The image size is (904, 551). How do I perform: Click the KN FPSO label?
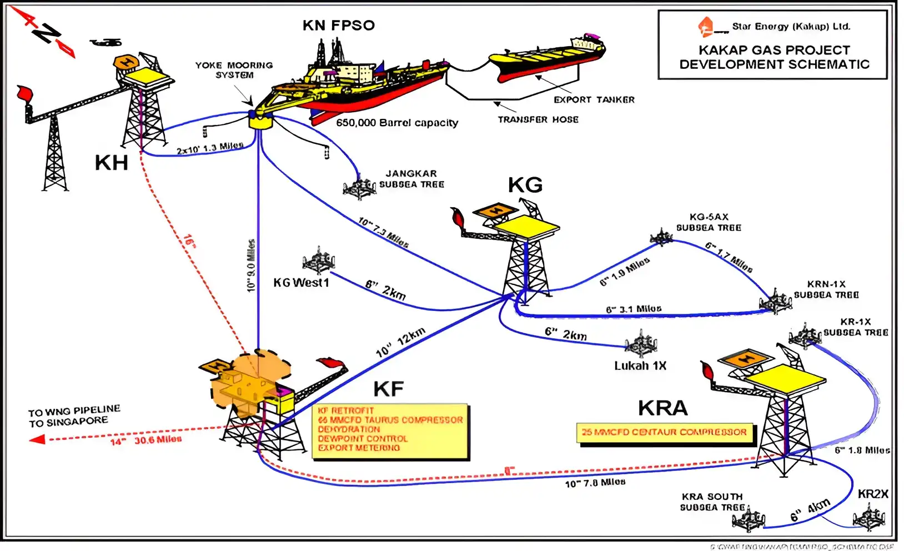338,25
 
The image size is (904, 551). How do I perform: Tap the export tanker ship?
547,57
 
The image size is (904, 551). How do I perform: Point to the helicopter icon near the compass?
106,42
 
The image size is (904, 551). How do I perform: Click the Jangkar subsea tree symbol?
359,188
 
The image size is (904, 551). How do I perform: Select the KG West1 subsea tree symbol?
319,261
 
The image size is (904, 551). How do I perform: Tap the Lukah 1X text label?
640,365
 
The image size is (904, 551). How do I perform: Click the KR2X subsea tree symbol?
868,518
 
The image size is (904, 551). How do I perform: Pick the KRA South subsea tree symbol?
749,519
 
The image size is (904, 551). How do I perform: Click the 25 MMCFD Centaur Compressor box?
664,432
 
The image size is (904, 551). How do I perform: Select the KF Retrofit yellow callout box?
390,432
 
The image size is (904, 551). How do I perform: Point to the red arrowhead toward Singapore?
37,439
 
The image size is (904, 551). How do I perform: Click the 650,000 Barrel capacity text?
397,123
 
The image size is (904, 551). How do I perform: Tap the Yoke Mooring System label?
234,70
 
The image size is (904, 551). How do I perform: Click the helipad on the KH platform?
127,62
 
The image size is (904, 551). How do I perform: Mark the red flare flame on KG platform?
458,217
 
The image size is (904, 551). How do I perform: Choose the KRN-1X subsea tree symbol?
775,302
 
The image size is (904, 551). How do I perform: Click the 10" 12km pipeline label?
400,342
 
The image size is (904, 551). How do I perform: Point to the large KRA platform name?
662,408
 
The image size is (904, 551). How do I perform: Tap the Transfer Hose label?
538,119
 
